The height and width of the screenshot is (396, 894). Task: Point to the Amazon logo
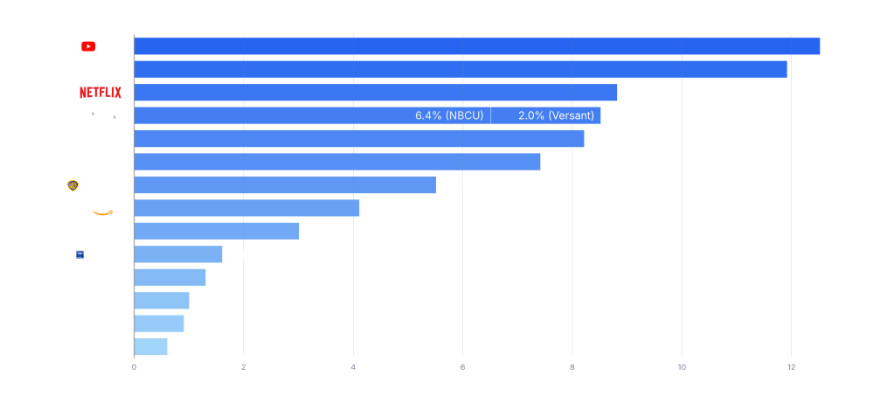pos(106,208)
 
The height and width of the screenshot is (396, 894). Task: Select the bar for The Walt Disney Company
pos(461,69)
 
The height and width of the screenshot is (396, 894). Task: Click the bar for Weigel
pos(170,277)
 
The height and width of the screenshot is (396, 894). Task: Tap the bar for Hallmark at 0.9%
pos(159,323)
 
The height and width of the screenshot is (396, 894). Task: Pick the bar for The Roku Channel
pos(217,231)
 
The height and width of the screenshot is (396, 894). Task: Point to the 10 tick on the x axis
pos(682,366)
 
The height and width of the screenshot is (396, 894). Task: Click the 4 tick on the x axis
pos(353,366)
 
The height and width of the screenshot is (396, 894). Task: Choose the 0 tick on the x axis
pos(134,366)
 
